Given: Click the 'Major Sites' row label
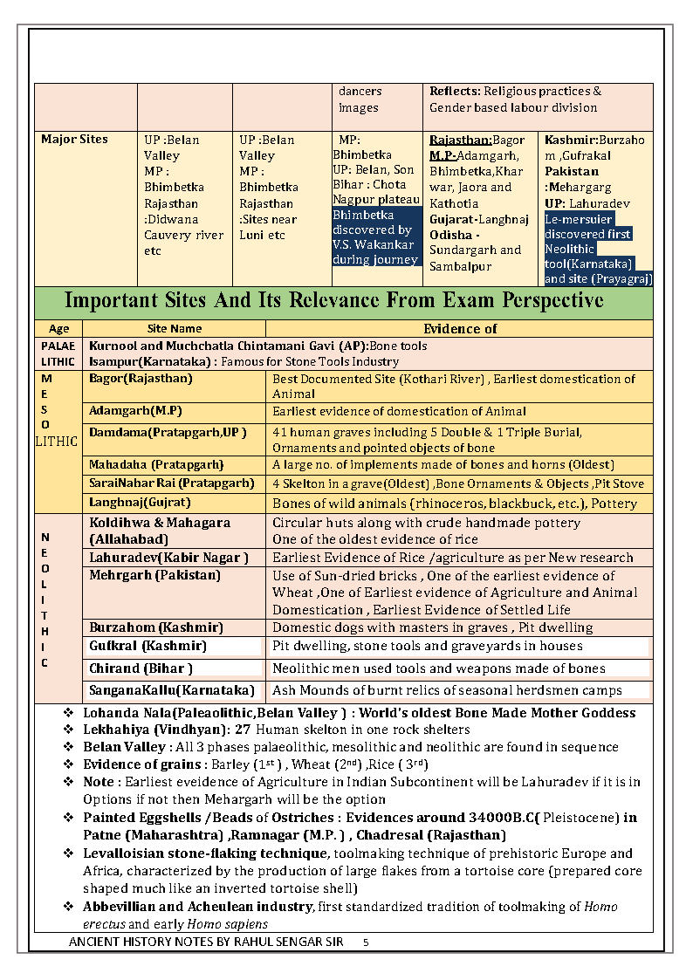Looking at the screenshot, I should [x=75, y=140].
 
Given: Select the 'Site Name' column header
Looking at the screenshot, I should [x=175, y=329].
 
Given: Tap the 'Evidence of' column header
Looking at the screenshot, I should [x=460, y=329].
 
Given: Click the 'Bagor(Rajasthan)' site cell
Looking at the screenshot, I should [x=141, y=379].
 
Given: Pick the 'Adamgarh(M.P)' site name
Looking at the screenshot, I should [x=135, y=411].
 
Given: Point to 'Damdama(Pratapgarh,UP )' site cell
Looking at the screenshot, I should [x=168, y=432].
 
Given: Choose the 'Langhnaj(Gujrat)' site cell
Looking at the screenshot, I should [x=140, y=503].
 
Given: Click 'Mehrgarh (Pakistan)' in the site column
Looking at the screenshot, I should [x=154, y=575].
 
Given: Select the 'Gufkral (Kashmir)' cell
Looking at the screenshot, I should [x=148, y=646].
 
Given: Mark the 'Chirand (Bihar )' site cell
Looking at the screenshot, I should [x=141, y=668].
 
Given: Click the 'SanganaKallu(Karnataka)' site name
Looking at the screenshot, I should [x=172, y=690].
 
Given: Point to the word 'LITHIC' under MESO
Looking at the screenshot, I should [x=56, y=442].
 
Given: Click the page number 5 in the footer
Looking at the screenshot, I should [x=366, y=943].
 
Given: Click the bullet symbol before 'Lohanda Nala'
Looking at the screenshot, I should [x=68, y=713].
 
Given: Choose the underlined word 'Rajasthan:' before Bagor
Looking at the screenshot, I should [x=461, y=140].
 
